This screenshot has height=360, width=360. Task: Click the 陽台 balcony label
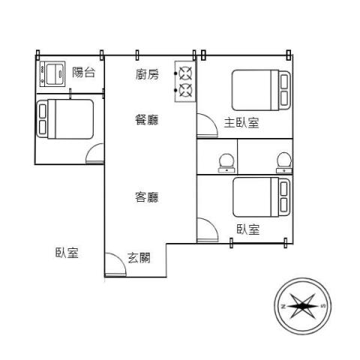[84, 73]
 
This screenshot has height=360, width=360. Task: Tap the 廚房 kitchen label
[147, 74]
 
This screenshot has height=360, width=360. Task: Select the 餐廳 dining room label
[147, 119]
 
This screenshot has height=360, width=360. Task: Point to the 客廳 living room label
[147, 197]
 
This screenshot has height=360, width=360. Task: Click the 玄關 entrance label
[139, 258]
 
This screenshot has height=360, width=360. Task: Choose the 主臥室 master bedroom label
[241, 123]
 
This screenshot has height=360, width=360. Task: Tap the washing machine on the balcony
[52, 74]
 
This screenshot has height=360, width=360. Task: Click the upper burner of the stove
[186, 73]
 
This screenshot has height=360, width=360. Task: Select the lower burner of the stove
[186, 90]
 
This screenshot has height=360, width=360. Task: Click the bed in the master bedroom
[261, 90]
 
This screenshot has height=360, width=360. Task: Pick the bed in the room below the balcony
[65, 119]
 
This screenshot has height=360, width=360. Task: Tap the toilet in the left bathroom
[226, 163]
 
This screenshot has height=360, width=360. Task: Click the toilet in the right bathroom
[284, 163]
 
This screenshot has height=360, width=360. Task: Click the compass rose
[303, 306]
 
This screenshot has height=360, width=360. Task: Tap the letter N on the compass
[283, 306]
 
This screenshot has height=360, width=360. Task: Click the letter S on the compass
[323, 306]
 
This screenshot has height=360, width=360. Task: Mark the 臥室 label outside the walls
[67, 253]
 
